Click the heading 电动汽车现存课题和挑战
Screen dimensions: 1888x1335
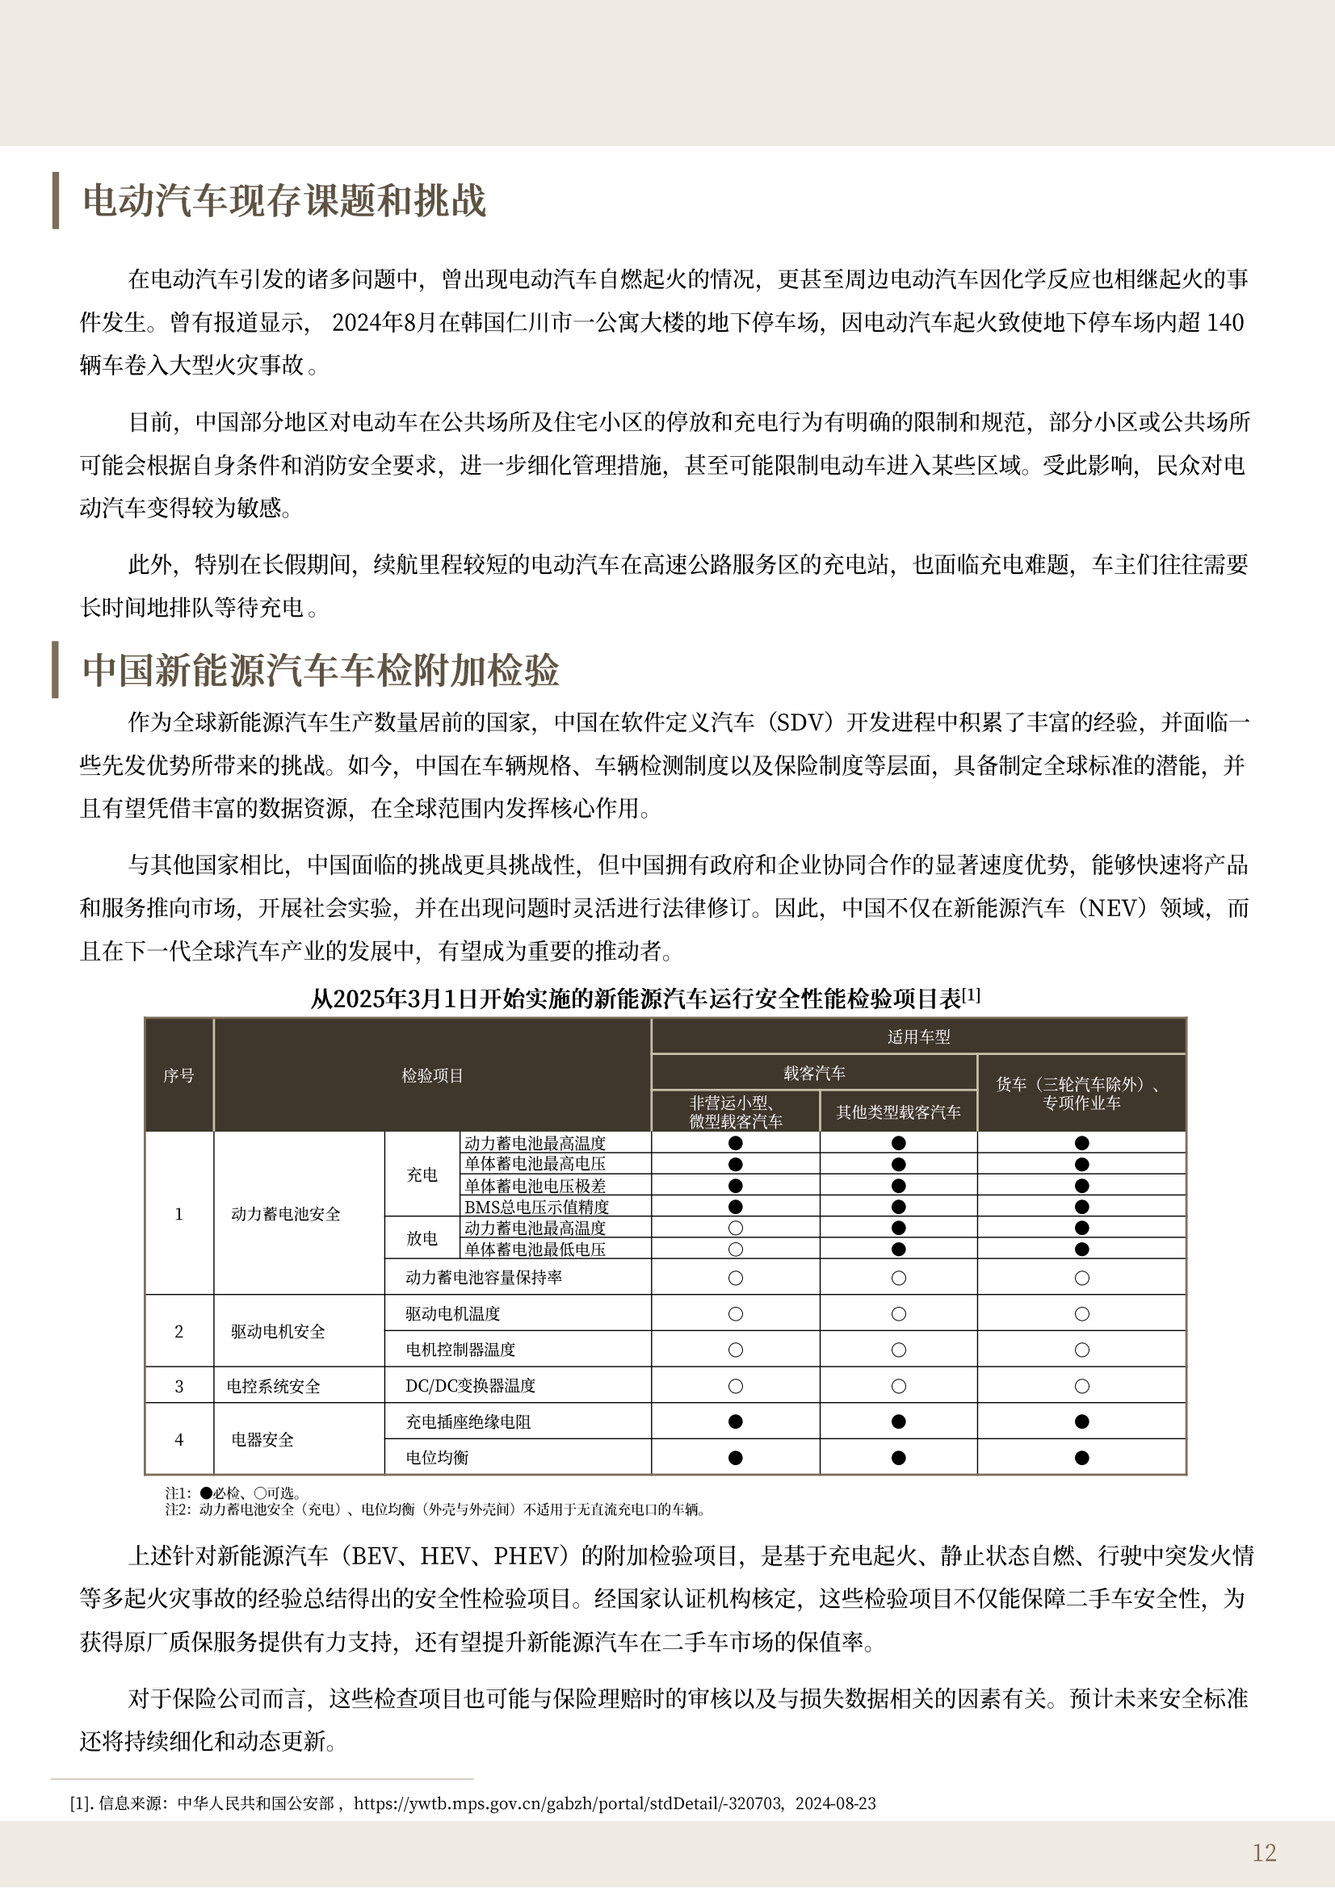point(284,201)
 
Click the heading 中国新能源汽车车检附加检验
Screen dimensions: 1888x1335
point(321,670)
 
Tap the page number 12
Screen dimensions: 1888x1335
point(1263,1852)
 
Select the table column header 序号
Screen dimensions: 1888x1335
point(178,1075)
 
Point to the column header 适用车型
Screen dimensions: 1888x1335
point(918,1037)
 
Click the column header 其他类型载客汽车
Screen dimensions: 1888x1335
point(898,1112)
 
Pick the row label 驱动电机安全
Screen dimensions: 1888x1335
point(278,1331)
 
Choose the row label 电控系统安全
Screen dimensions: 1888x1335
point(273,1387)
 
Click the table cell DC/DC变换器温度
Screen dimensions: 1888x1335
point(471,1386)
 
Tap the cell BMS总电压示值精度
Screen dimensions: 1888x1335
point(536,1207)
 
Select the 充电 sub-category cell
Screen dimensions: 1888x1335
point(422,1175)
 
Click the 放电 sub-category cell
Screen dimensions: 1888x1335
point(422,1238)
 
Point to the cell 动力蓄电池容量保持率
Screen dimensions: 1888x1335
point(484,1277)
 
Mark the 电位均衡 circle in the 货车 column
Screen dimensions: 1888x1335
point(1081,1458)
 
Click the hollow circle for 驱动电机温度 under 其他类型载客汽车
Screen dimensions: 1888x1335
point(898,1314)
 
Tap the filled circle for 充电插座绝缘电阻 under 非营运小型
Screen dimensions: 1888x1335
point(736,1421)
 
